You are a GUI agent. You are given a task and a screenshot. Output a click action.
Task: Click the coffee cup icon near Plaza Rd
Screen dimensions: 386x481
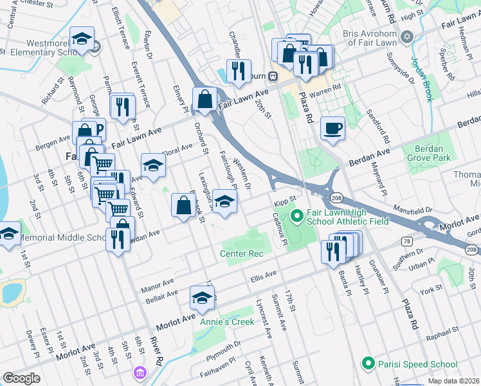point(332,129)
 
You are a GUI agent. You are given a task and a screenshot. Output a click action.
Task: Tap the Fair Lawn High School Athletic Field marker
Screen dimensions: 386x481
point(296,215)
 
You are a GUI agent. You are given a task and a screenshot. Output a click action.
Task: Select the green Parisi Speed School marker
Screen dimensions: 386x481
point(368,363)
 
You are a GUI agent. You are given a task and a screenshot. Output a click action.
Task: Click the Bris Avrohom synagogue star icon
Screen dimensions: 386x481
point(406,37)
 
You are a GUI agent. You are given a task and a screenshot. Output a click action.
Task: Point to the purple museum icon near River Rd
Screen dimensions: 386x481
point(140,372)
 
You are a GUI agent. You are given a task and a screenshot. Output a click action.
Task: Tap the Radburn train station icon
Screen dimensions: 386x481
point(273,76)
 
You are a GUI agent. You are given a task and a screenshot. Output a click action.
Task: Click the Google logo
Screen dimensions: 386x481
point(21,378)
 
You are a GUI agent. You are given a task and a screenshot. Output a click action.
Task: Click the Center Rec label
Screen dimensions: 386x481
point(242,253)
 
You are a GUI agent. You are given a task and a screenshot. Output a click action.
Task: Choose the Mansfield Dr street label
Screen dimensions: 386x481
point(413,210)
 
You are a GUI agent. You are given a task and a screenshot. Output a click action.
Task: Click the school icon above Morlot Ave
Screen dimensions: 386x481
point(202,298)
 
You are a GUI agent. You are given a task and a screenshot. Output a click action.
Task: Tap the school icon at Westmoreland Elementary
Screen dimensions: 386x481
point(82,38)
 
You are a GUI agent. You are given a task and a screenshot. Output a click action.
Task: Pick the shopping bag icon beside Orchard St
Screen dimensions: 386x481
point(204,99)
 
